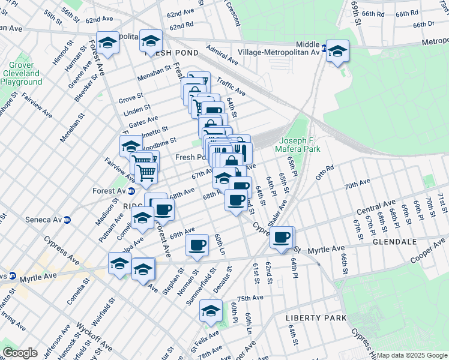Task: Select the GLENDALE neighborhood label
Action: click(394, 242)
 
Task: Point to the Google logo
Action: click(20, 353)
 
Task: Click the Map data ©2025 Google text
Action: click(412, 355)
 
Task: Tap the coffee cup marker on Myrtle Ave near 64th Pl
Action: click(282, 238)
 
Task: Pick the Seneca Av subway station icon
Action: click(67, 220)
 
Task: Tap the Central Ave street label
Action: click(376, 208)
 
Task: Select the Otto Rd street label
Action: click(324, 172)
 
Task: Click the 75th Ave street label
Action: click(250, 298)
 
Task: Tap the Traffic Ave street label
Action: click(231, 88)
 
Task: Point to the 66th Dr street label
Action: click(424, 24)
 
